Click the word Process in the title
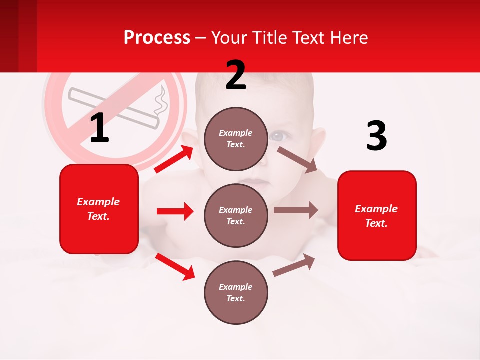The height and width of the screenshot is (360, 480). point(157,37)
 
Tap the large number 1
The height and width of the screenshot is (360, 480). point(99,128)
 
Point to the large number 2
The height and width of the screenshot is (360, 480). point(236,75)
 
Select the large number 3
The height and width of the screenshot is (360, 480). point(376,136)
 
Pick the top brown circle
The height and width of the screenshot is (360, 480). point(236,139)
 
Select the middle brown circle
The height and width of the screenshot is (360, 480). point(236,215)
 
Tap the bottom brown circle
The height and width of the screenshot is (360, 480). point(236,292)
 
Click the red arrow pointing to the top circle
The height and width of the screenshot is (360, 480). point(174,159)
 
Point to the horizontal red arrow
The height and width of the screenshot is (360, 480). point(175,211)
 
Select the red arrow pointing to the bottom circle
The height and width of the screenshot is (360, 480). point(175,266)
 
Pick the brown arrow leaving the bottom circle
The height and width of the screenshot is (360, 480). point(294,265)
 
